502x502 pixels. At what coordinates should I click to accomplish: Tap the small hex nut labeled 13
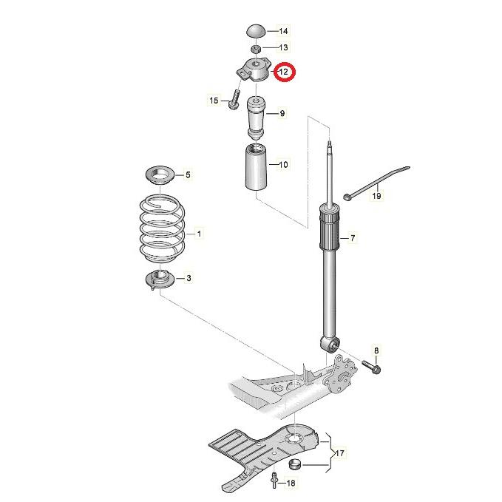(x=256, y=49)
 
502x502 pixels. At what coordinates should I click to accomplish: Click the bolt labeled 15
(x=234, y=99)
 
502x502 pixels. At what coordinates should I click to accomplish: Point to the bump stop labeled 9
(x=256, y=119)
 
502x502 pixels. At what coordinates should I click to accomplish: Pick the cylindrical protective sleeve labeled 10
(x=256, y=167)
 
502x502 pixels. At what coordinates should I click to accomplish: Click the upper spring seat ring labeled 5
(x=160, y=175)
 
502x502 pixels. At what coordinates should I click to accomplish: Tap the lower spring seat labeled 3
(x=160, y=279)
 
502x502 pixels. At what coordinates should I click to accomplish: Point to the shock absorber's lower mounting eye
(x=330, y=345)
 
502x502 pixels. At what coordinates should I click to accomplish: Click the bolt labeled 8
(x=371, y=367)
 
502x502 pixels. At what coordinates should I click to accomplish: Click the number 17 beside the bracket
(x=339, y=453)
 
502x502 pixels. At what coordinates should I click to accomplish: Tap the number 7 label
(x=353, y=238)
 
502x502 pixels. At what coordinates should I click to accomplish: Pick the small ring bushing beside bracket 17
(x=294, y=464)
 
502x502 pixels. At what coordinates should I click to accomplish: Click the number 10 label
(x=284, y=165)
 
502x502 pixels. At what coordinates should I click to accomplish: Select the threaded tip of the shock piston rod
(x=330, y=147)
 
